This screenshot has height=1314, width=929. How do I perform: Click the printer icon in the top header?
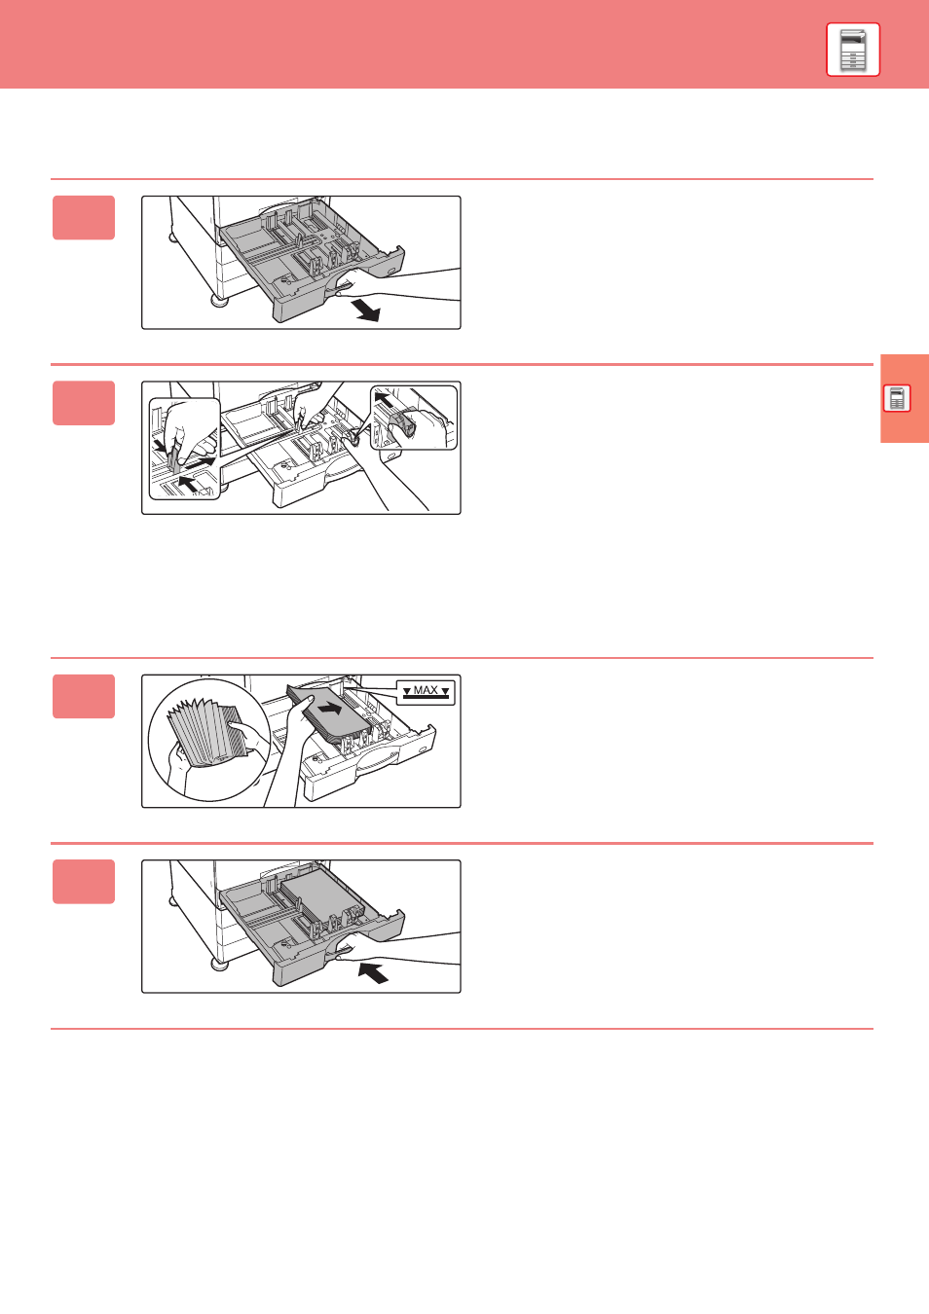[853, 50]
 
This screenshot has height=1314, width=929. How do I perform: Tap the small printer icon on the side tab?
[897, 398]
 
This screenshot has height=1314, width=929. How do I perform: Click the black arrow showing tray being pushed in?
[373, 972]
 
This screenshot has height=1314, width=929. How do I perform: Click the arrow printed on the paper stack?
[330, 709]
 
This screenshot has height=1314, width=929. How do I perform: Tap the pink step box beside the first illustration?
[84, 218]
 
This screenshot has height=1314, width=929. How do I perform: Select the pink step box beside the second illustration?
[84, 403]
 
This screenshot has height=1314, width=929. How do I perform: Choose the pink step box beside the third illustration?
[84, 696]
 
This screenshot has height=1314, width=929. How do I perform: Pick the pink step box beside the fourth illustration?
[84, 882]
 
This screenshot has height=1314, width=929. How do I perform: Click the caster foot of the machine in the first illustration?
[219, 301]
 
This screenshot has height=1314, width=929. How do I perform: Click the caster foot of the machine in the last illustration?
[219, 965]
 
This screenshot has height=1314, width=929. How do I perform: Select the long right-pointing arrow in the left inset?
[201, 463]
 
